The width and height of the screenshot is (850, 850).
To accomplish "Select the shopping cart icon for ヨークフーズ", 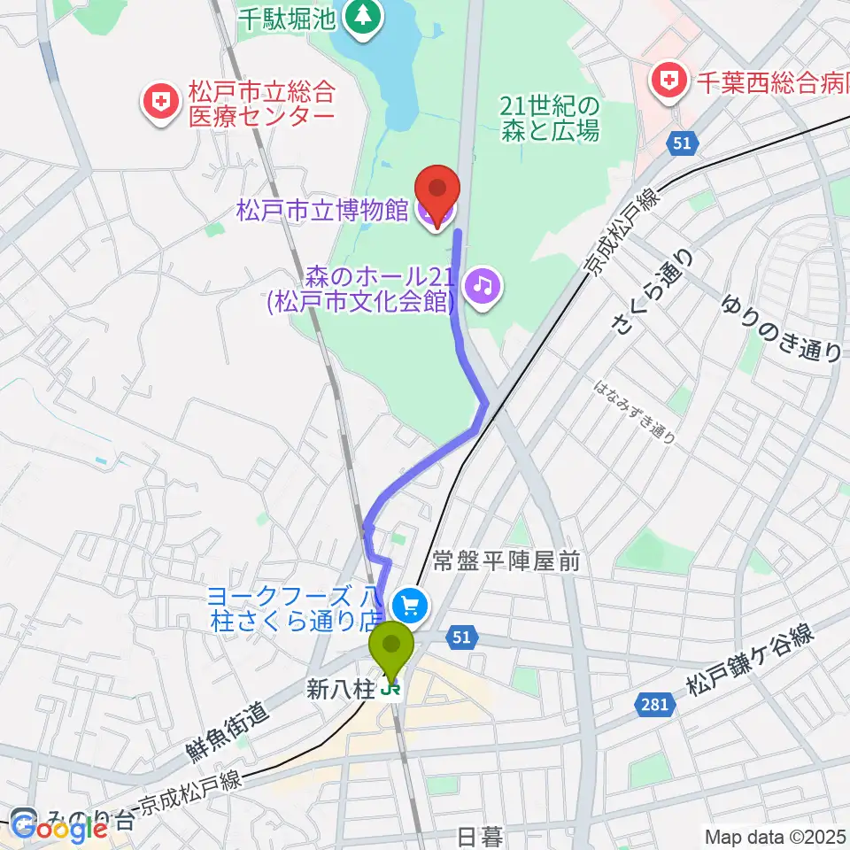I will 409,607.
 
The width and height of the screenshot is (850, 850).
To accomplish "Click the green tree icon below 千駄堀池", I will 361,15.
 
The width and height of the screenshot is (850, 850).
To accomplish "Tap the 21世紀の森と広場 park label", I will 550,119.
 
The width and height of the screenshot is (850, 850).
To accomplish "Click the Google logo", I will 59,827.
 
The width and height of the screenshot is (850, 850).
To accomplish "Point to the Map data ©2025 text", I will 776,835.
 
